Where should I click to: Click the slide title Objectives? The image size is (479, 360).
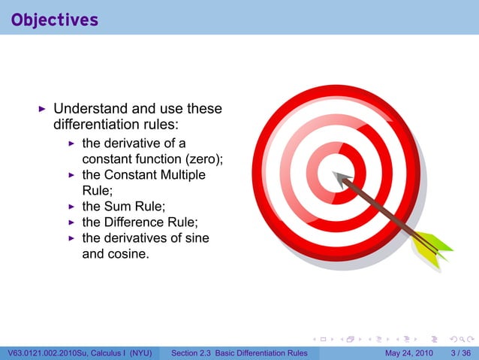(55, 20)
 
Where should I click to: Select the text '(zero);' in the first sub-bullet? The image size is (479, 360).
(204, 159)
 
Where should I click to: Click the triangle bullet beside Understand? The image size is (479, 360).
(42, 110)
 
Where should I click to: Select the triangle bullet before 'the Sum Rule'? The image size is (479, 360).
(72, 207)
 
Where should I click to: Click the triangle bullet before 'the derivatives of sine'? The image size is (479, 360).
(72, 238)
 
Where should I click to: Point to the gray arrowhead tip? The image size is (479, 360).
(336, 177)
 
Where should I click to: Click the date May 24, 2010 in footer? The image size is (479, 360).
(409, 353)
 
